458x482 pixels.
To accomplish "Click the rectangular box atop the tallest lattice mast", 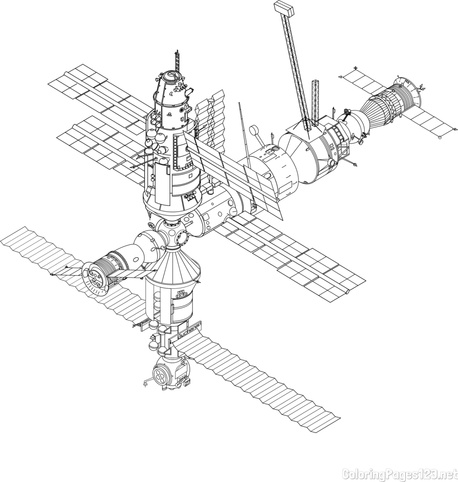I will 284,8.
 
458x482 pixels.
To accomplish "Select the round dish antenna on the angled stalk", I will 254,131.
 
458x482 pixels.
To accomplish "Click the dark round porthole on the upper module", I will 182,110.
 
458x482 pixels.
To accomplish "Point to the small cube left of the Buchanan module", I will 153,337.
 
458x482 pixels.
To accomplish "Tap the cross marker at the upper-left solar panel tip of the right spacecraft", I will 355,67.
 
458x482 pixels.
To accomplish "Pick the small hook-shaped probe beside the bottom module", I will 146,383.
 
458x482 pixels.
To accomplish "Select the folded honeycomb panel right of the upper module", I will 211,116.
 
